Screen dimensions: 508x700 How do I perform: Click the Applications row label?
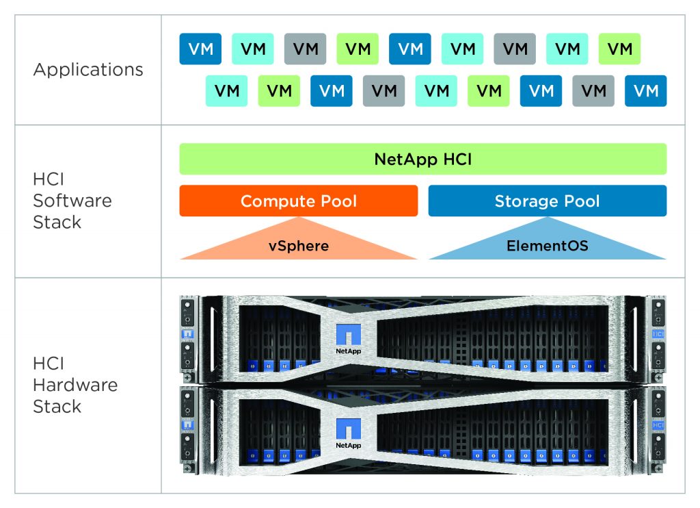(x=88, y=70)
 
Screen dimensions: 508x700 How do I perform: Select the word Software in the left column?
(x=72, y=201)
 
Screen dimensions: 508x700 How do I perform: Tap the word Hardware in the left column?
(x=75, y=385)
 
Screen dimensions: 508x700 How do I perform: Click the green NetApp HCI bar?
(x=422, y=160)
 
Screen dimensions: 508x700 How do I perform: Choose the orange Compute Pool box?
(x=298, y=201)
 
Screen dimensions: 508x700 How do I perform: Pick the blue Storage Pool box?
(x=547, y=201)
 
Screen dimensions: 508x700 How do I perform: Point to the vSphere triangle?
(x=298, y=245)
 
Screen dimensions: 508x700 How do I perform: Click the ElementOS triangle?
(x=547, y=245)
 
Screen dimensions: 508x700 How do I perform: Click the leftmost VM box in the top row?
(x=200, y=49)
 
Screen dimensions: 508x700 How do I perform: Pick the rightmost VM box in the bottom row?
(x=645, y=91)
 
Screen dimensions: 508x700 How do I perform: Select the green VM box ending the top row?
(x=619, y=49)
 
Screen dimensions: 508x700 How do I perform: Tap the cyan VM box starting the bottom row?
(x=226, y=91)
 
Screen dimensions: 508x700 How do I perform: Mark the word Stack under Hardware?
(x=57, y=406)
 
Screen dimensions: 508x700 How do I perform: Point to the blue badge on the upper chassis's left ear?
(x=187, y=334)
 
